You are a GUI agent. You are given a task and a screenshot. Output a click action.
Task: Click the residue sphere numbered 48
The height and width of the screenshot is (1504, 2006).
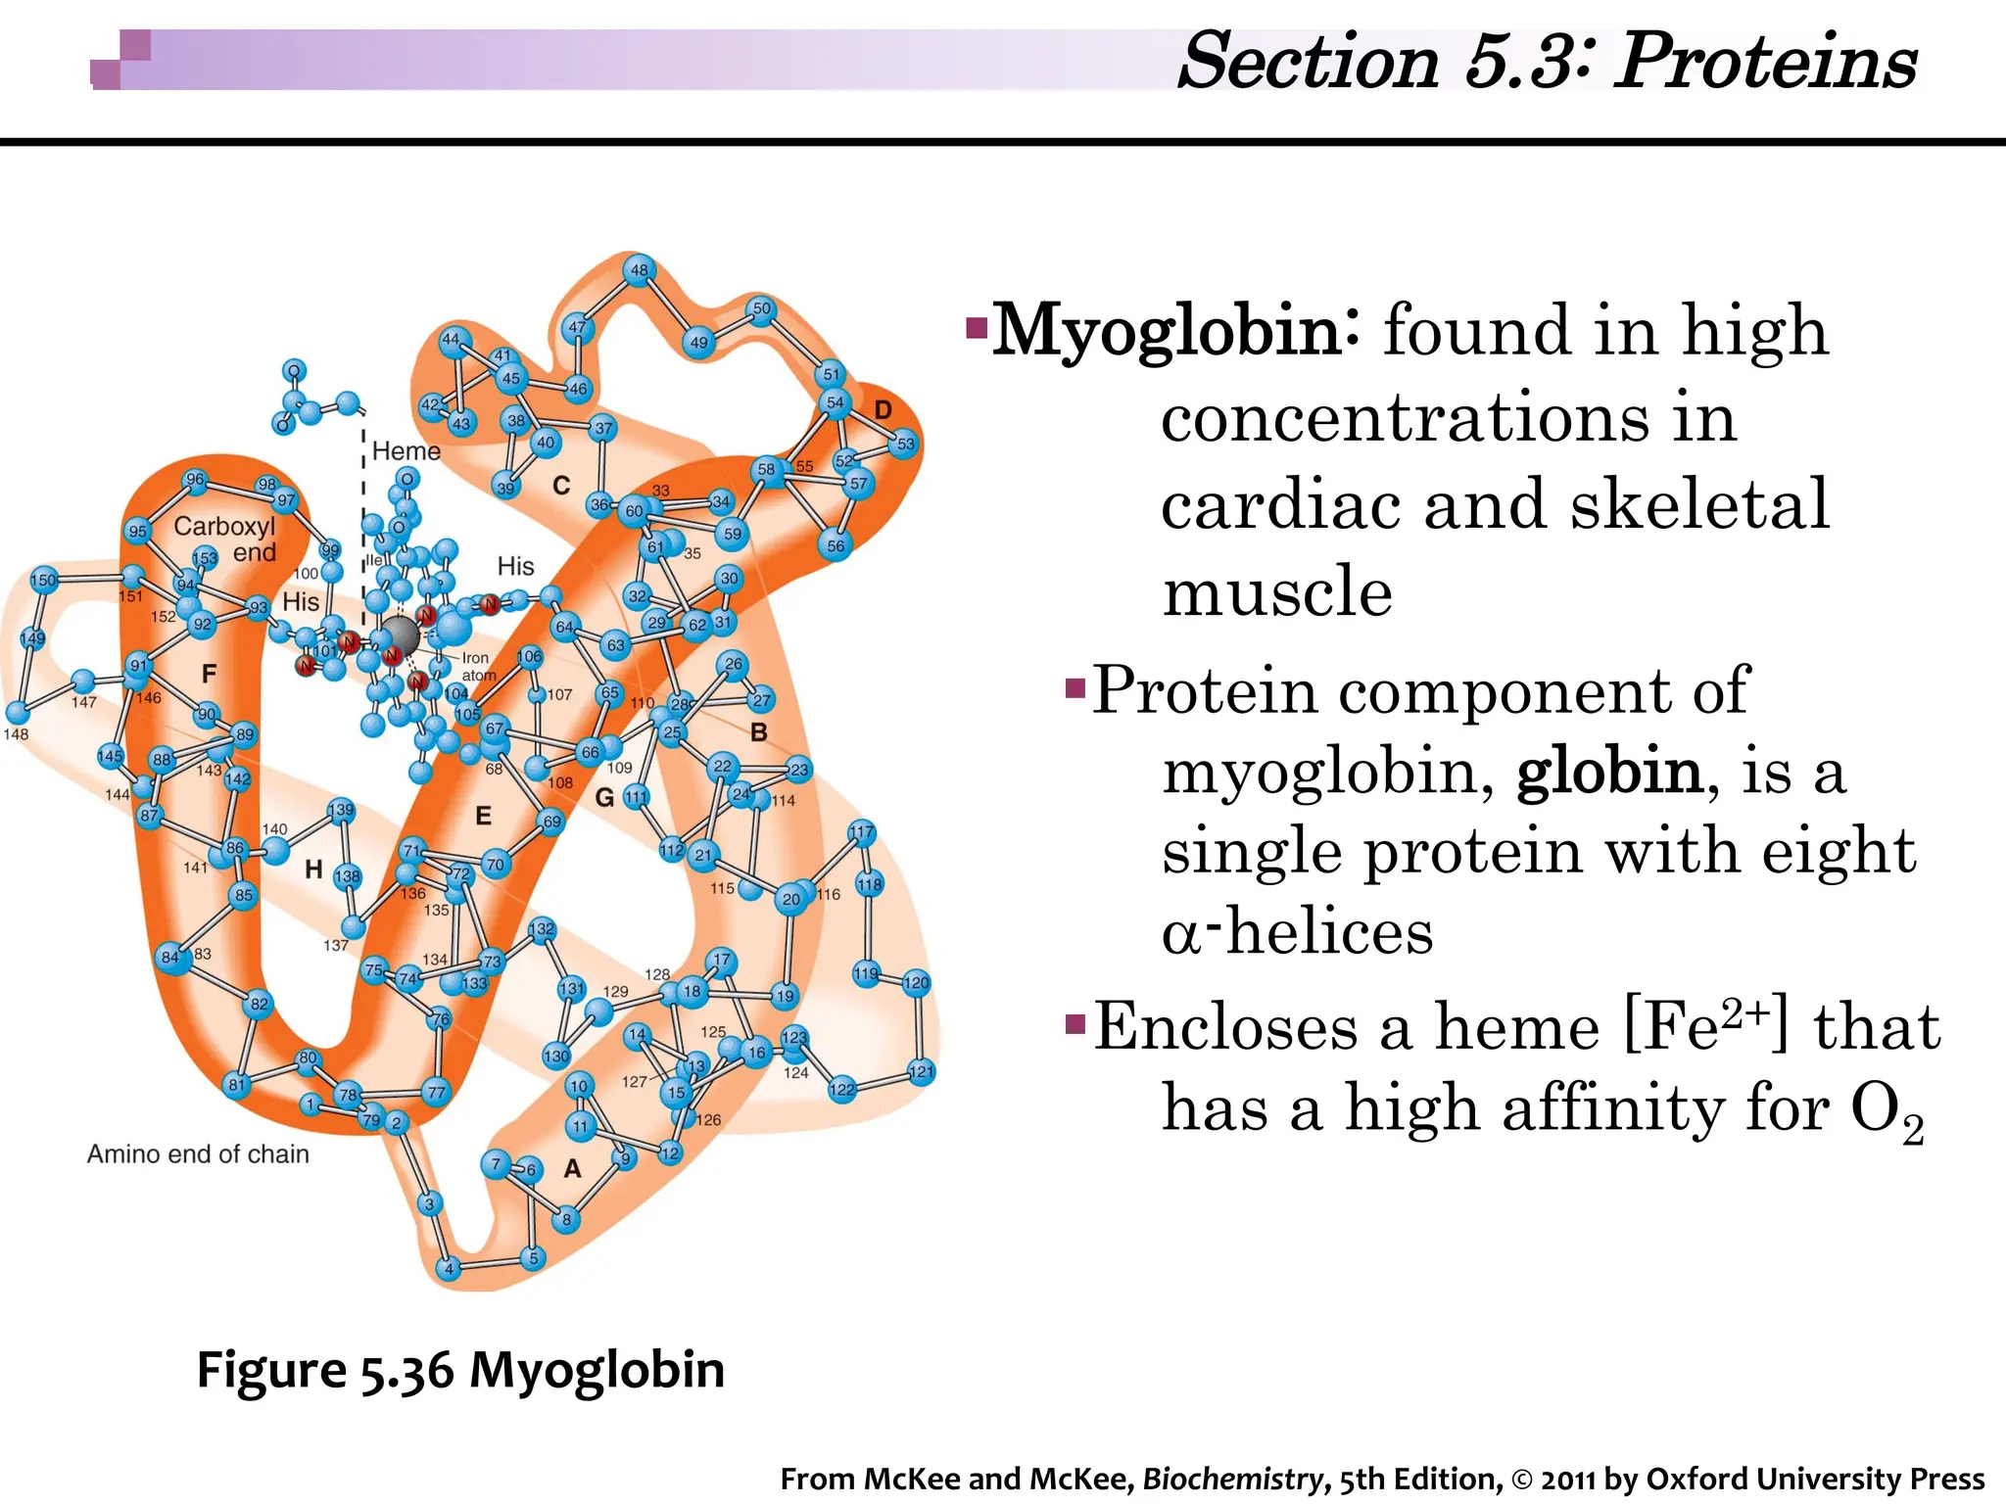[x=639, y=270]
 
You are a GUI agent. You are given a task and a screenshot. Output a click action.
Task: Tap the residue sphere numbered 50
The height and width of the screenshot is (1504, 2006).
[x=761, y=309]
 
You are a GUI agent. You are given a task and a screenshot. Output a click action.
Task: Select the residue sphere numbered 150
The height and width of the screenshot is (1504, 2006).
[x=43, y=580]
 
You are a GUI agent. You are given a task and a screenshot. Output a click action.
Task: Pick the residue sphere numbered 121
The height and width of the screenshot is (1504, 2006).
[x=921, y=1071]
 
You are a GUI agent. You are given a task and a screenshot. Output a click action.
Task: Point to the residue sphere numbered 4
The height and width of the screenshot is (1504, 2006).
[x=449, y=1269]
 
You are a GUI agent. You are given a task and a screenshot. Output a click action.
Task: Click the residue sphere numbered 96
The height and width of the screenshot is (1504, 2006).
[x=195, y=480]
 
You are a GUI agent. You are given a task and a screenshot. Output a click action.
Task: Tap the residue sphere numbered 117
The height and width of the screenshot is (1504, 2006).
[x=861, y=833]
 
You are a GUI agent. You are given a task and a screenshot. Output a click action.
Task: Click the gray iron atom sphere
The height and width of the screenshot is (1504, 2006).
[x=400, y=636]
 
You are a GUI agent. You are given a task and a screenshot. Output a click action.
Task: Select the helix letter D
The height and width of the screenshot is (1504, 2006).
[x=883, y=410]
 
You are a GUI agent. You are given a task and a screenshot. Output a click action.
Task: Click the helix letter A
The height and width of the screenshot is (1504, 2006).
[x=572, y=1168]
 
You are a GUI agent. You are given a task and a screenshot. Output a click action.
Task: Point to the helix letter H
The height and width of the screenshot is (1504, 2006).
[x=313, y=869]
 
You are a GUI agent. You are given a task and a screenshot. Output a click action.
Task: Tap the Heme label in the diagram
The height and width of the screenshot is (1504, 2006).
[x=406, y=451]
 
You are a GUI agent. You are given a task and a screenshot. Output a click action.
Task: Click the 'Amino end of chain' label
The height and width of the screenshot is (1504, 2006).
[x=198, y=1154]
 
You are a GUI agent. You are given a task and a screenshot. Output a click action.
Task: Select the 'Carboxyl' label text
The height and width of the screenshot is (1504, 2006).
[x=224, y=527]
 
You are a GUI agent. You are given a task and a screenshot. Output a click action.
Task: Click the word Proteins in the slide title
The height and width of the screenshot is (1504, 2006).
[x=1764, y=61]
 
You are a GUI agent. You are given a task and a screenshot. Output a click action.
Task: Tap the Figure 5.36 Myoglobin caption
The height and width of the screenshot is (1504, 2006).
[x=460, y=1370]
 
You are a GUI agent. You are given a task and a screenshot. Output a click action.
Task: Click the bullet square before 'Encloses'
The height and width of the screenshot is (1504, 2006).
[x=1075, y=1025]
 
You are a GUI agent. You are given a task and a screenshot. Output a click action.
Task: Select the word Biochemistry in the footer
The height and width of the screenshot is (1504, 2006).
[x=1232, y=1479]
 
